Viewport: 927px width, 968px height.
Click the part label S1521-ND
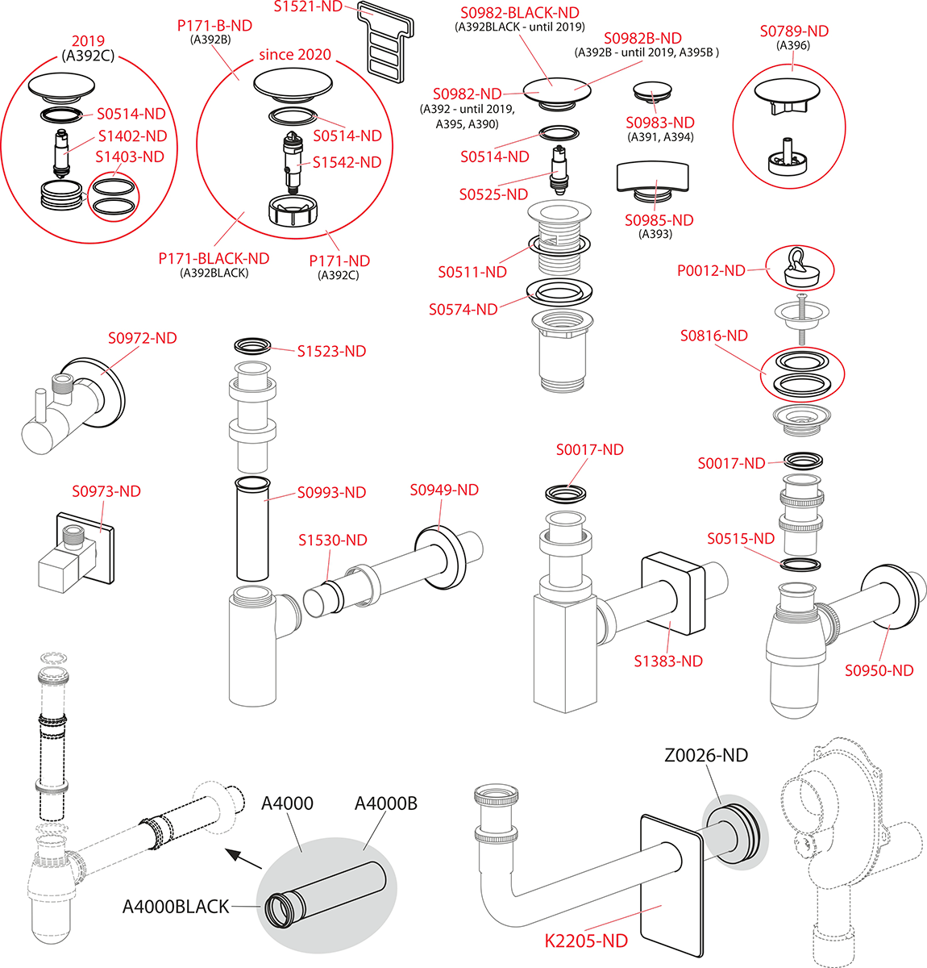point(308,7)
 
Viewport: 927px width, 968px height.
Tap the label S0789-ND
point(794,31)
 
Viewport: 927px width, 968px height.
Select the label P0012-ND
point(711,271)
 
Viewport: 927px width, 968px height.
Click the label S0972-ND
point(143,339)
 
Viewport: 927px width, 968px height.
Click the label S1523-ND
point(331,352)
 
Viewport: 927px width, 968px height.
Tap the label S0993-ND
point(331,493)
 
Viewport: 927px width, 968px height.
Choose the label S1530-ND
point(332,540)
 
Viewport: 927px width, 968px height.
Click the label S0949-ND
point(444,490)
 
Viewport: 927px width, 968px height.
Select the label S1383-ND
point(668,661)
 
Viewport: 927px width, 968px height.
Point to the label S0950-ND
point(879,670)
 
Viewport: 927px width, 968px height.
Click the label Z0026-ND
point(706,756)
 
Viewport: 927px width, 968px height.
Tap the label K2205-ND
point(586,941)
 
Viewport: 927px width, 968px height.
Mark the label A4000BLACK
point(176,907)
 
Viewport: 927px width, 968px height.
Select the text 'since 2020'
point(295,55)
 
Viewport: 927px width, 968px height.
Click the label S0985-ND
point(659,220)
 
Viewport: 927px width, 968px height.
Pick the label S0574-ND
point(463,310)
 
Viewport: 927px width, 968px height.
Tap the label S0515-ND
point(741,539)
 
